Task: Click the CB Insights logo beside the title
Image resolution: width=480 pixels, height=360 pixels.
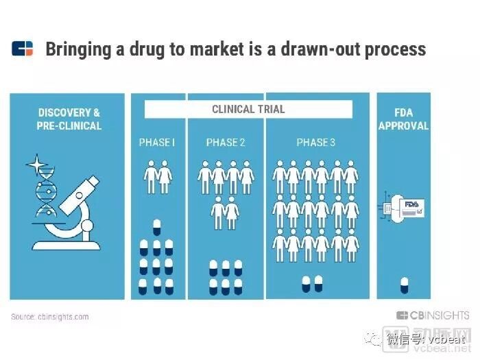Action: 22,49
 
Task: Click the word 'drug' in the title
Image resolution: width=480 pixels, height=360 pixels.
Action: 147,50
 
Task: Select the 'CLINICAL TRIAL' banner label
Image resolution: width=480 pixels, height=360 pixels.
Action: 248,109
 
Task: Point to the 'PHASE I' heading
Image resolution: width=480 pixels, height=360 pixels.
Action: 157,143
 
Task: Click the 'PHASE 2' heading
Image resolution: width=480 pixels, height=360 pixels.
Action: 226,143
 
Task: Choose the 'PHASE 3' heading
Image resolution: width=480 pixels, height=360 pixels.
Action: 316,143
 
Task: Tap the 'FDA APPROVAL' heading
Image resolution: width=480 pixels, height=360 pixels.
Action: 403,119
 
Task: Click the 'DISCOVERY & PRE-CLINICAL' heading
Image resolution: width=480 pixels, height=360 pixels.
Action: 69,119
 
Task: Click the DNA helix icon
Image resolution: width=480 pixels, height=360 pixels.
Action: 46,192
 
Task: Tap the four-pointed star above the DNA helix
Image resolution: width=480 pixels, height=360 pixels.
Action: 37,165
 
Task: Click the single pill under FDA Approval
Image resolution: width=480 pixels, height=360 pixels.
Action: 405,285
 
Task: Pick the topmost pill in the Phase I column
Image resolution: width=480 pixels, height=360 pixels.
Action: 157,227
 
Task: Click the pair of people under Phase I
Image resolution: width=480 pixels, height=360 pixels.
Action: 158,177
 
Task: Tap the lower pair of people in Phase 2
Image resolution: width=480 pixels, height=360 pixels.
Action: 225,213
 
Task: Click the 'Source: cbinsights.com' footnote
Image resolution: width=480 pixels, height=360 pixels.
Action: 50,317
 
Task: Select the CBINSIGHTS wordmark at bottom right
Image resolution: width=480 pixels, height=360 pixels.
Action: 433,315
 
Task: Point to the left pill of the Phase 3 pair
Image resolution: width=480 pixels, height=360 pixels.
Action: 306,284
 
